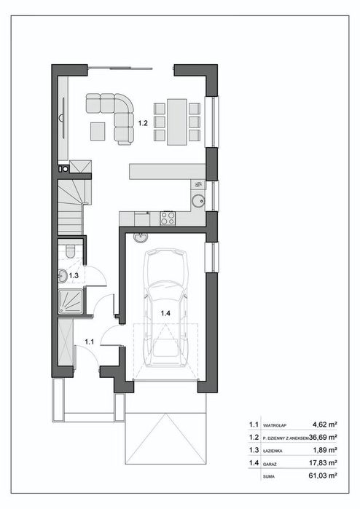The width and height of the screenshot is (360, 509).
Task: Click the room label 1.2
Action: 143,123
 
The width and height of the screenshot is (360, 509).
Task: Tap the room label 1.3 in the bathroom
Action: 74,275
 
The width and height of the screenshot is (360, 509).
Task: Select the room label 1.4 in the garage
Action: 165,313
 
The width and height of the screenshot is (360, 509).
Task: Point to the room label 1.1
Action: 90,342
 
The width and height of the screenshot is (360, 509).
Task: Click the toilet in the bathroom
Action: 70,251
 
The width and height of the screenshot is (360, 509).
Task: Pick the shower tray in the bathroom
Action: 71,301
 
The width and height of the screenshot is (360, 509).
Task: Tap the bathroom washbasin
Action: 63,276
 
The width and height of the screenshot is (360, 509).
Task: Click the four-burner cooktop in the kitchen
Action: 168,218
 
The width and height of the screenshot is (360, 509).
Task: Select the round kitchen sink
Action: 198,201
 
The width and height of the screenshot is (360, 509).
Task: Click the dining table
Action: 177,122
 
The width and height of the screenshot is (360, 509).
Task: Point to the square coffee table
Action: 98,131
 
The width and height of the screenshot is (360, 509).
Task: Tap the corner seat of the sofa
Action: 124,103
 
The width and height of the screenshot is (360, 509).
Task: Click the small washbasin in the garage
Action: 141,237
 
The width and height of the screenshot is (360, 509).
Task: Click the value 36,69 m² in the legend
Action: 323,437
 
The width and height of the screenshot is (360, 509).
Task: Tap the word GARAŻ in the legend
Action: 270,465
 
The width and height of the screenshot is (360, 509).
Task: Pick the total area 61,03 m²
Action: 323,476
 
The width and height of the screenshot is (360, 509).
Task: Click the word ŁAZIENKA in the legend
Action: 273,451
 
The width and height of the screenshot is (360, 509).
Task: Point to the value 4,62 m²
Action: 324,425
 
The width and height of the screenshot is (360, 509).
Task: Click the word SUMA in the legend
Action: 269,476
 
